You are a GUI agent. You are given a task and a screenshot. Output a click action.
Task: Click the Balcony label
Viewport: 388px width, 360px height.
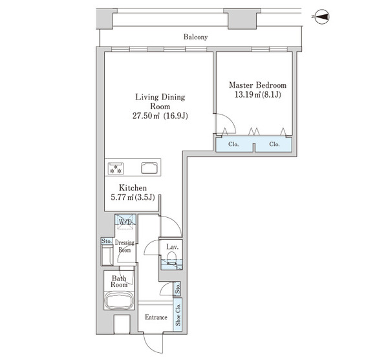(x=195, y=37)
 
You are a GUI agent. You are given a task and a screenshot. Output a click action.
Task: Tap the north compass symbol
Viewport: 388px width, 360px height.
(x=322, y=17)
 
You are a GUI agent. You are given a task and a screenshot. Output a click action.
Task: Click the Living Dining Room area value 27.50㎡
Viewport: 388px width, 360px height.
(x=146, y=116)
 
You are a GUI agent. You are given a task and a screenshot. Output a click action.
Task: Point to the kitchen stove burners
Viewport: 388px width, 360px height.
(x=116, y=169)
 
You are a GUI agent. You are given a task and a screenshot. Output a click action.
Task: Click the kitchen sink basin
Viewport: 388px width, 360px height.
(x=149, y=168)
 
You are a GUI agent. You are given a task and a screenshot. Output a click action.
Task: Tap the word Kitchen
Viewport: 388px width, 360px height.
(x=133, y=187)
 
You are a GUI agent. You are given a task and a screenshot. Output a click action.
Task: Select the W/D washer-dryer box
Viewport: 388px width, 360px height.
(x=125, y=222)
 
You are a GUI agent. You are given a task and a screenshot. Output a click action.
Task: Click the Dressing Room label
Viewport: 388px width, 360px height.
(x=125, y=246)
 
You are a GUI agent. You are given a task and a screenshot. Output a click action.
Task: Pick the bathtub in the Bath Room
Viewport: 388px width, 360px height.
(x=119, y=300)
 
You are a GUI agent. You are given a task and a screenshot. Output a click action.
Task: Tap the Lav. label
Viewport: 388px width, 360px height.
(x=172, y=247)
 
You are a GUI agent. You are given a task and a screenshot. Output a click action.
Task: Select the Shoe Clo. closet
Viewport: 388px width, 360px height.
(x=178, y=315)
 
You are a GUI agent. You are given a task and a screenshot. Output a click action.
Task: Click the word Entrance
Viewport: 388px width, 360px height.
(x=156, y=317)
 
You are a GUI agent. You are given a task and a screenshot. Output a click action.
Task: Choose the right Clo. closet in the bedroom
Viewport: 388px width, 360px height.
(x=274, y=144)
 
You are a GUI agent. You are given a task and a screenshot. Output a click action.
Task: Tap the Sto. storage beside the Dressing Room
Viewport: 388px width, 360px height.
(x=107, y=241)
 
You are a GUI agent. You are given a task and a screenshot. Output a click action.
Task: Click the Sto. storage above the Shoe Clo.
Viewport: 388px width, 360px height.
(x=177, y=288)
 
